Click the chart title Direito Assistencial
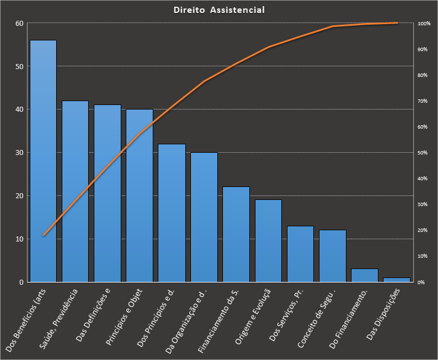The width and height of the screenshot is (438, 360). point(219,10)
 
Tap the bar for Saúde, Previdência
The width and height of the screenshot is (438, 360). point(75,191)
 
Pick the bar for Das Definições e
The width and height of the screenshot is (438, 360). point(107,193)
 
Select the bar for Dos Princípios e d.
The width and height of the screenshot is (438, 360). point(171,213)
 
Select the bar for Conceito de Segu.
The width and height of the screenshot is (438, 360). point(332,256)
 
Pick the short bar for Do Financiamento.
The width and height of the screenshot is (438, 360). point(364,275)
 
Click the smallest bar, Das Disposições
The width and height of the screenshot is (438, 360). point(396,279)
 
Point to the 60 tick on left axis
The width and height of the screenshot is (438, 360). point(20,24)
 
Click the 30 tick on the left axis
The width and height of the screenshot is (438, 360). point(20,153)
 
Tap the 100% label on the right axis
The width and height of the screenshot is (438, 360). point(424,24)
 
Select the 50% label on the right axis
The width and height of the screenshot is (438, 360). point(424,153)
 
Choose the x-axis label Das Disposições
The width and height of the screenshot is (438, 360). point(385,313)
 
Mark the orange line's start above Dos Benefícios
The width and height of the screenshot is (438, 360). point(43,235)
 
